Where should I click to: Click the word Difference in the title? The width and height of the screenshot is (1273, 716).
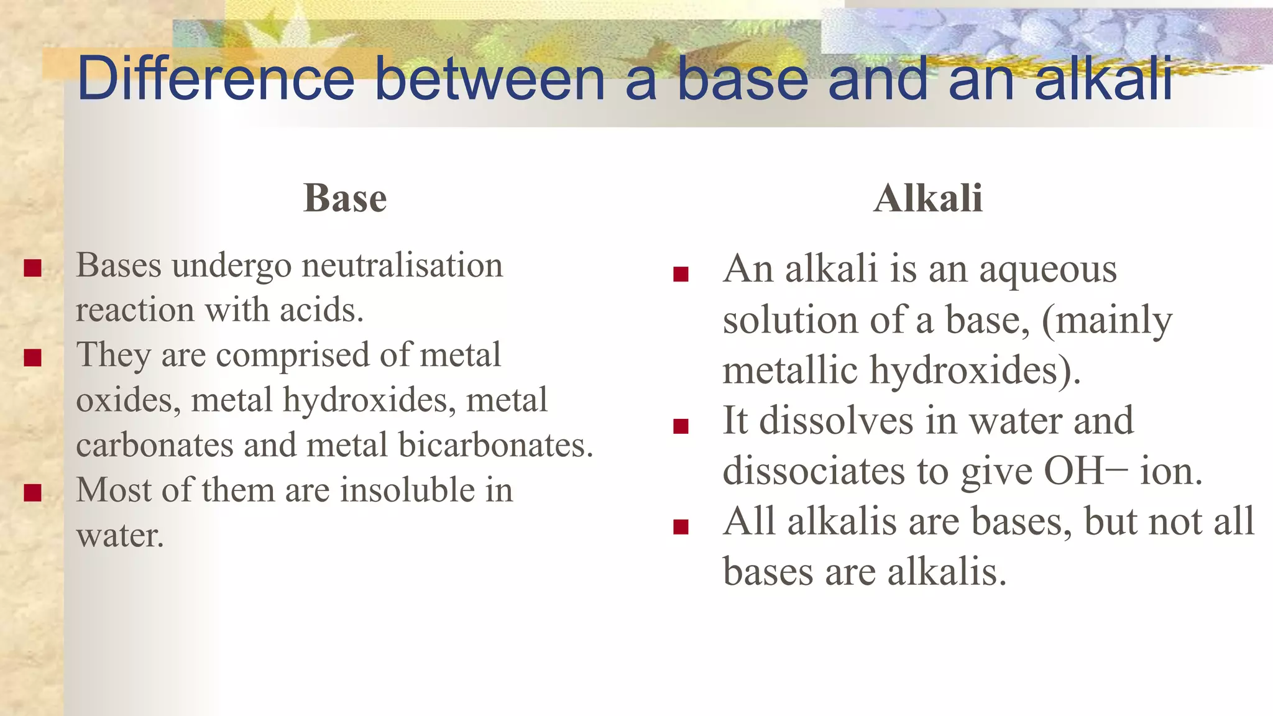(x=215, y=78)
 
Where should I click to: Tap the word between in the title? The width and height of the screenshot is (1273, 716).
(x=490, y=78)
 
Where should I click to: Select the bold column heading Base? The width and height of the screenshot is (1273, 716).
(x=345, y=198)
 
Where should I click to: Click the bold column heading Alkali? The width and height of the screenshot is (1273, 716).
(x=928, y=198)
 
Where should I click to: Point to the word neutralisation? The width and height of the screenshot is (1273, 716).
(x=402, y=265)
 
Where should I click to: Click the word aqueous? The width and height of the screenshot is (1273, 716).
(x=1048, y=270)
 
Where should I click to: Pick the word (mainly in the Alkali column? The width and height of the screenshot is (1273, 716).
(x=1106, y=321)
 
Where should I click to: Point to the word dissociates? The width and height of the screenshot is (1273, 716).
(x=814, y=471)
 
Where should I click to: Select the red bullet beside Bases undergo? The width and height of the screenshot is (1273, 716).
(x=32, y=268)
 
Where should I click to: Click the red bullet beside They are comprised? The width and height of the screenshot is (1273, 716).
(x=32, y=358)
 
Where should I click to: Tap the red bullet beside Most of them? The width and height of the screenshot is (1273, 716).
(x=32, y=493)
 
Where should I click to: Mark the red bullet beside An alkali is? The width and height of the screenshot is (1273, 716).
(x=681, y=274)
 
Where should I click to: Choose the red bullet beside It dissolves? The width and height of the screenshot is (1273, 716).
(x=681, y=426)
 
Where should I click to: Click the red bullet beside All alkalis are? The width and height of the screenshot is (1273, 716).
(x=681, y=526)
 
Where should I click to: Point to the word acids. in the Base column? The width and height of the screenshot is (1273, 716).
(x=321, y=310)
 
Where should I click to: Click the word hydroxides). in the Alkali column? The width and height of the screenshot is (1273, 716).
(x=975, y=370)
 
